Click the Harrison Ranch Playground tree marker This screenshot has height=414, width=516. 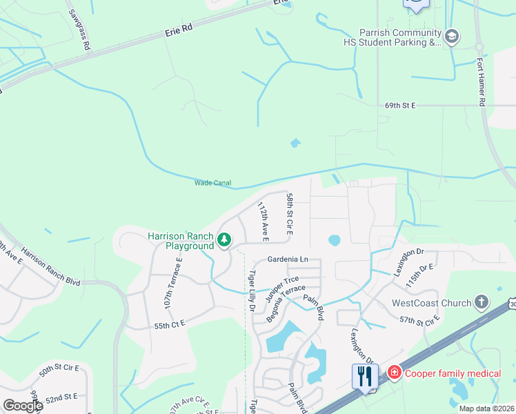pos(224,240)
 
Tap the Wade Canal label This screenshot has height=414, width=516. pos(212,183)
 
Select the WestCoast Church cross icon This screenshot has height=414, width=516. pos(481,302)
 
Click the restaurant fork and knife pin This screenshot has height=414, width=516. pos(365,376)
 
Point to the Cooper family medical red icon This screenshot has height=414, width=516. pos(394,373)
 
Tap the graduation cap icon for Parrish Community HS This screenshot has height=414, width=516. pos(452,37)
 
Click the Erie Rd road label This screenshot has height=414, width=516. pos(177,32)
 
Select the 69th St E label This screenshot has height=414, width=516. pos(401,106)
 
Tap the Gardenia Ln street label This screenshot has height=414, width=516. pos(288,259)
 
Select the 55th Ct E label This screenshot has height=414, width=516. pos(170,324)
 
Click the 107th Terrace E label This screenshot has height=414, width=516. pos(172,282)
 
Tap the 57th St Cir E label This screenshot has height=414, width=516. pos(419,320)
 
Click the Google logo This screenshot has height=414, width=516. pos(22,406)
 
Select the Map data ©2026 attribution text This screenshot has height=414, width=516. pos(486,408)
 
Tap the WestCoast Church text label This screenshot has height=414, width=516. pos(431,303)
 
